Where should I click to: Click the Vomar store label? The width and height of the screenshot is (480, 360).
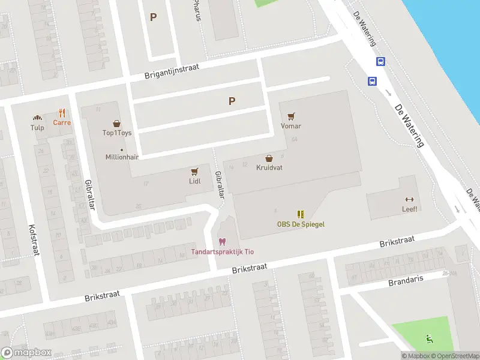291,126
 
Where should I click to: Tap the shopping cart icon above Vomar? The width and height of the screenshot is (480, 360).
291,116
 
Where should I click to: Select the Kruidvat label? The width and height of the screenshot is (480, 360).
269,168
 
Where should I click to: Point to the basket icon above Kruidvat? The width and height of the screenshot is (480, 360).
269,158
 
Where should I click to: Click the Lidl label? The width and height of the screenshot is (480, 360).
194,181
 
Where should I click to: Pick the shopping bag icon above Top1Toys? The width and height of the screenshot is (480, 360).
117,122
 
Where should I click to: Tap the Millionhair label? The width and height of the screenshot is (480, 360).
122,157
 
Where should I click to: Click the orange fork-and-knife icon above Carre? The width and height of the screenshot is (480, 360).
62,112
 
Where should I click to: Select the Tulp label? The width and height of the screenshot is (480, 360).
37,127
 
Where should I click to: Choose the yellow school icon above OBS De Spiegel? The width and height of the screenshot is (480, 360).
301,214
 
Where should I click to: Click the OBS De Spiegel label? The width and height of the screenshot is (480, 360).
301,224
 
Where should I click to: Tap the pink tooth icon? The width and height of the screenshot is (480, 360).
222,241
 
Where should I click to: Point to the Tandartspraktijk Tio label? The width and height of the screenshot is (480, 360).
222,251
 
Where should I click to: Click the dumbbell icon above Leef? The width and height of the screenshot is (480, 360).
410,199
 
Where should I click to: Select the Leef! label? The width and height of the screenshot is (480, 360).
410,209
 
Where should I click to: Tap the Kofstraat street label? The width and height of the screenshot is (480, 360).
33,239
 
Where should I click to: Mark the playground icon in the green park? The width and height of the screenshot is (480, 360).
430,338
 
